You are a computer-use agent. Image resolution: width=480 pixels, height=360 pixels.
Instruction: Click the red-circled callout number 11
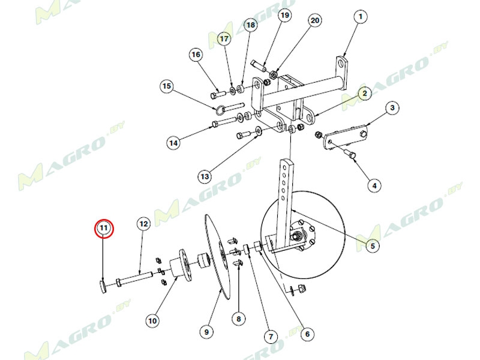click(104, 229)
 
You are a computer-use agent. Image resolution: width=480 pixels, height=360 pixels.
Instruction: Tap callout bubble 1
click(361, 17)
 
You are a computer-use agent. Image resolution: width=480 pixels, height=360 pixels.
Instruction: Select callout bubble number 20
click(314, 20)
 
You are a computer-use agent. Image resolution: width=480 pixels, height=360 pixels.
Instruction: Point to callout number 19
click(284, 16)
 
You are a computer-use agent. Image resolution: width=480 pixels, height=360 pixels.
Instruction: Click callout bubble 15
click(167, 86)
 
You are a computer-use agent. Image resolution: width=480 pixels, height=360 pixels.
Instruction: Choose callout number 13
click(205, 176)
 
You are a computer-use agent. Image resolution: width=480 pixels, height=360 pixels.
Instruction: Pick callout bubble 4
click(374, 185)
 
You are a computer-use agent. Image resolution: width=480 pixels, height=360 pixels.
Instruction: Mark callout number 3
click(392, 108)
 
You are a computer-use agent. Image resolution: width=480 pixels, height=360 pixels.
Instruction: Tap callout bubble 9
click(206, 332)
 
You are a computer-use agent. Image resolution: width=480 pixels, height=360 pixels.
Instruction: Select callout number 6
click(307, 334)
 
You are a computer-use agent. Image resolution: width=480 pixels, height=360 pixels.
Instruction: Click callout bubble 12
click(143, 224)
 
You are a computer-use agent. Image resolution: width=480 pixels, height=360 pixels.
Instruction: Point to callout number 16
click(196, 55)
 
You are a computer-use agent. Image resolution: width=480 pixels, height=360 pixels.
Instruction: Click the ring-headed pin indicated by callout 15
click(229, 108)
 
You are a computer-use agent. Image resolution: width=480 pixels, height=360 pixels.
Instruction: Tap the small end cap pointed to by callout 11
click(103, 287)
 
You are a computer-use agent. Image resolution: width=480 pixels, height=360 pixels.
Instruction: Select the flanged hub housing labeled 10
click(181, 263)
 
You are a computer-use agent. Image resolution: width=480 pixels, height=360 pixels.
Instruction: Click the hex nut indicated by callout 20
click(274, 74)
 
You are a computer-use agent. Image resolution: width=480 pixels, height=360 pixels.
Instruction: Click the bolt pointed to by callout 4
click(350, 153)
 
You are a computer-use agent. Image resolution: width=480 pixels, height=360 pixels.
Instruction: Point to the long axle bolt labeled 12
click(134, 277)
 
